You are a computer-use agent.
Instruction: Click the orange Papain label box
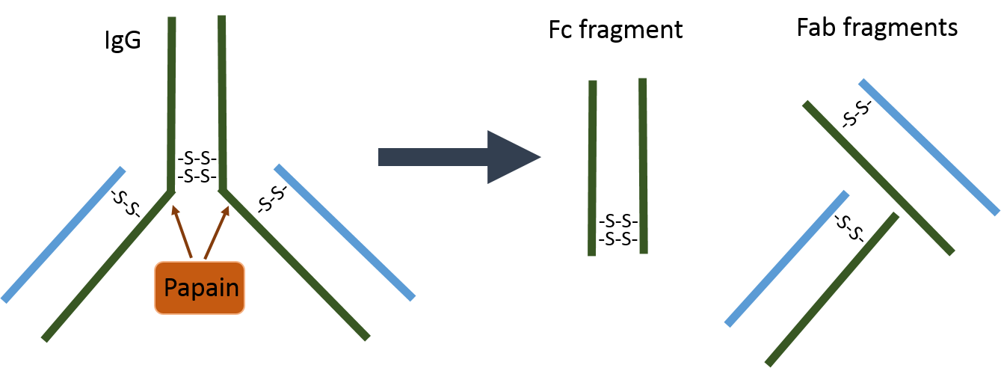coord(200,287)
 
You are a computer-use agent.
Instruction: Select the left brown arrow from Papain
coord(182,232)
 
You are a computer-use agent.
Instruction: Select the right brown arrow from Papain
coord(216,232)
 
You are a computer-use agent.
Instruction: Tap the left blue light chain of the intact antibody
coord(64,234)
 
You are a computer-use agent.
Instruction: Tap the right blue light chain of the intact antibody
coord(344,232)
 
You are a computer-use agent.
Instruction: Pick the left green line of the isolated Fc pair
coord(592,168)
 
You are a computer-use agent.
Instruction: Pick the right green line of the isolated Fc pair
coord(643,166)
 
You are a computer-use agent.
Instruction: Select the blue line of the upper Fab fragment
coord(928,147)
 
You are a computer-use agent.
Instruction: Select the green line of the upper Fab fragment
coord(878,178)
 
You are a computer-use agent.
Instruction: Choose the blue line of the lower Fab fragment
coord(786,258)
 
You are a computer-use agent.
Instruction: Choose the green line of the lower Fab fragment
coord(831,289)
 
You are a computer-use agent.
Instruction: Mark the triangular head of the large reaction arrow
coord(513,157)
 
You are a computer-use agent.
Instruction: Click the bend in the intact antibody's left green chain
coord(171,190)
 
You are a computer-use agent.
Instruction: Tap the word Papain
coord(201,288)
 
